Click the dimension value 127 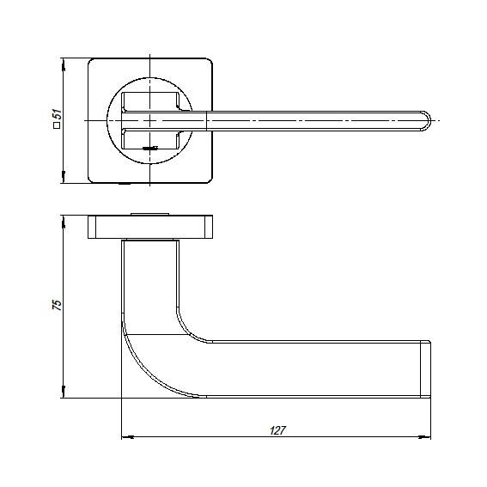click(x=277, y=429)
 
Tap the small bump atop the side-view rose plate click(x=150, y=212)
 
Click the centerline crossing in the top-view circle click(x=150, y=121)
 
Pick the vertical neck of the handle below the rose click(x=150, y=275)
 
